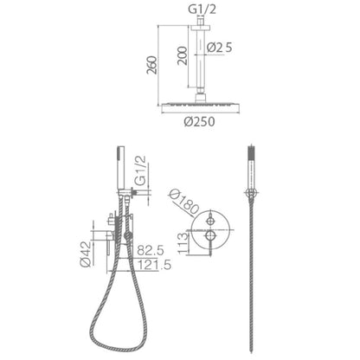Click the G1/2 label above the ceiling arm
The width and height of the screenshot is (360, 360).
(x=202, y=10)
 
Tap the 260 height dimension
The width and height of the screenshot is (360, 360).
(x=152, y=65)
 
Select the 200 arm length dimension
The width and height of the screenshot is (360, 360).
(x=183, y=55)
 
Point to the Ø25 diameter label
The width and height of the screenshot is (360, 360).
(x=220, y=48)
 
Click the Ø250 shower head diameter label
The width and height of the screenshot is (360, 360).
(x=200, y=121)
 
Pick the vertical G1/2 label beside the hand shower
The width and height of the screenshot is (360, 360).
(x=140, y=170)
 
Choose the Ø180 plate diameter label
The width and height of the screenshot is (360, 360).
(x=184, y=202)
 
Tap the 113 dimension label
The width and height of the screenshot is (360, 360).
(x=183, y=244)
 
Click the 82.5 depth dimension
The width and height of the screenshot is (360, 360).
(x=151, y=250)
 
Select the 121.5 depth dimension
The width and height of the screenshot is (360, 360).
(x=154, y=265)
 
